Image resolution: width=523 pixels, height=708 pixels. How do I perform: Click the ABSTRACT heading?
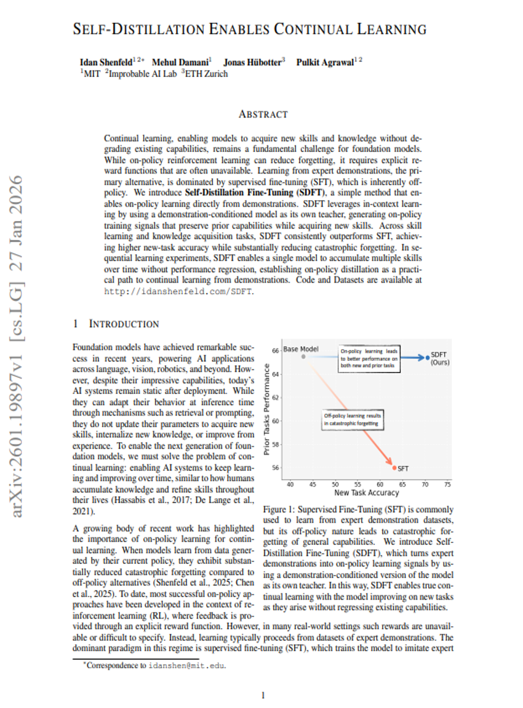click(263, 115)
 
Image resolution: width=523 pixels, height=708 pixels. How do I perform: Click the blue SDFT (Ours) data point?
click(428, 358)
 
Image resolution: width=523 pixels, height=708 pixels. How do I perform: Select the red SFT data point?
click(394, 467)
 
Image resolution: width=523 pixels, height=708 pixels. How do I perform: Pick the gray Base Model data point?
click(303, 356)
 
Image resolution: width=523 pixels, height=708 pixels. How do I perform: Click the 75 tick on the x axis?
click(447, 484)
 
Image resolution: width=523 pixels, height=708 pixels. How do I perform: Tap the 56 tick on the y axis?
click(276, 467)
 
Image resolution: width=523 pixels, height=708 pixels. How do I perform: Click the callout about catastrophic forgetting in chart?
click(353, 420)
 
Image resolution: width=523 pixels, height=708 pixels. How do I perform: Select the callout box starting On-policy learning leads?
click(370, 358)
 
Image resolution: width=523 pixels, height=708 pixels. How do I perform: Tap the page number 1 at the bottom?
click(263, 696)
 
